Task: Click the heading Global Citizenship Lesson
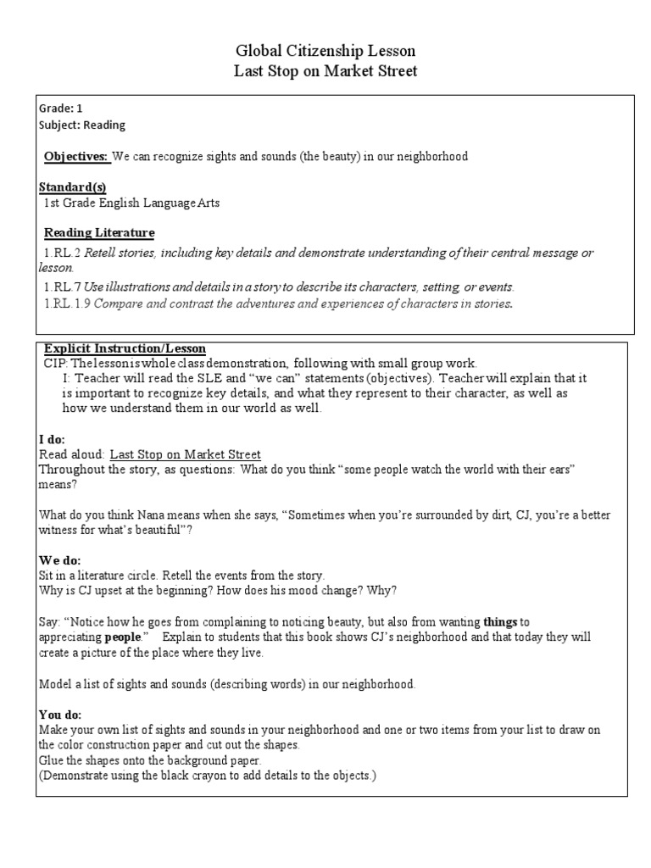point(325,52)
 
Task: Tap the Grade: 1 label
point(61,108)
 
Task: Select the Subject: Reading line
point(82,125)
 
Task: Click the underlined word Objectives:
point(76,157)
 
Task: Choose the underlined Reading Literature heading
point(99,232)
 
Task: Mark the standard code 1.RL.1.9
point(65,303)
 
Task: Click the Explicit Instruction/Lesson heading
point(125,348)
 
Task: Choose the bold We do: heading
point(60,560)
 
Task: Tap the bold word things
point(500,622)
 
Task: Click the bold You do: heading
point(62,715)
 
